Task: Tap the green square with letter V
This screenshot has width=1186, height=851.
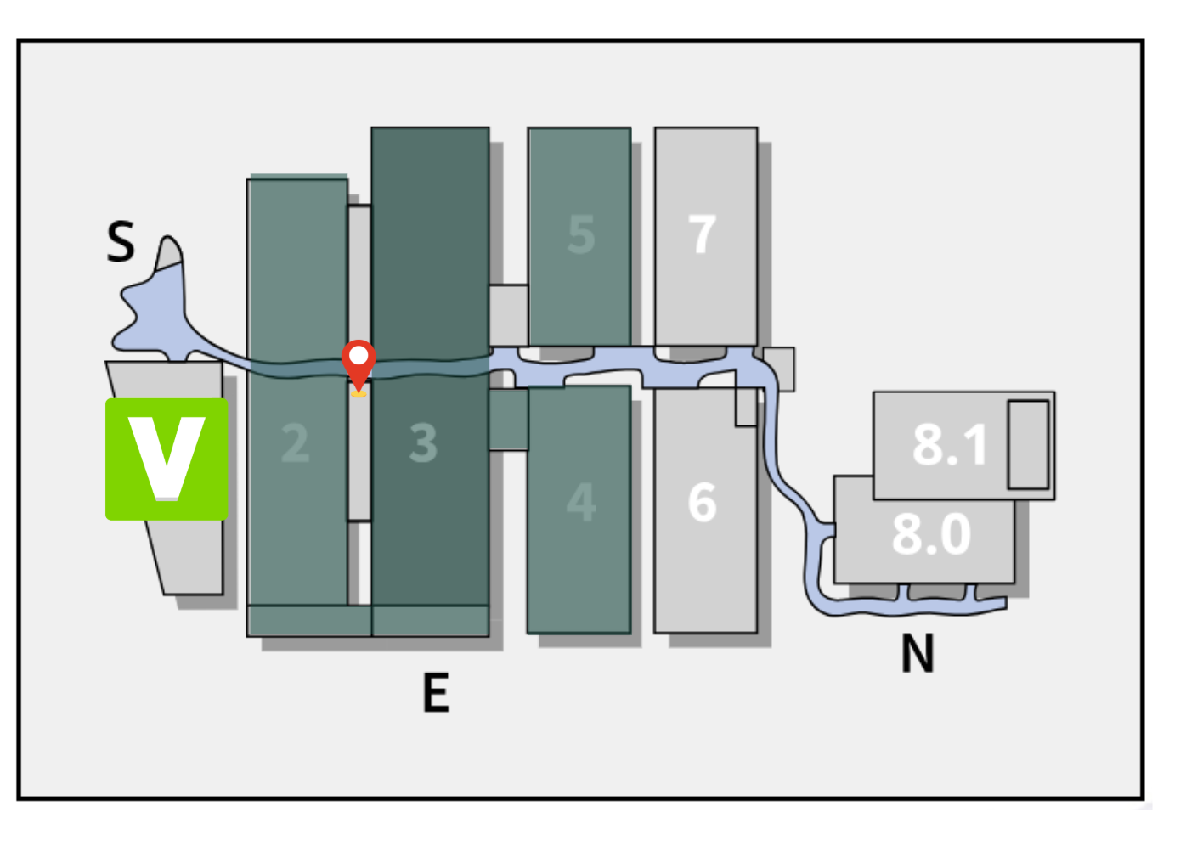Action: click(x=167, y=459)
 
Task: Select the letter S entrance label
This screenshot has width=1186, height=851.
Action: click(x=121, y=242)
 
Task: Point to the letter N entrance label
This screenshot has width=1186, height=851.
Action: click(x=918, y=654)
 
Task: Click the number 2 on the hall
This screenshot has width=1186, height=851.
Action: click(x=295, y=443)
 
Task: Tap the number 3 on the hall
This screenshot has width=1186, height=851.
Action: click(x=423, y=443)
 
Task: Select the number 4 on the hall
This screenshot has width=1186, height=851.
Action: click(x=581, y=502)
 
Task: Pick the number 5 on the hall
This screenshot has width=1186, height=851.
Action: click(x=581, y=234)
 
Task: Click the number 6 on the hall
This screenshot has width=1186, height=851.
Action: click(x=703, y=502)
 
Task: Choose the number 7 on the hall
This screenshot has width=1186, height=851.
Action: click(x=703, y=234)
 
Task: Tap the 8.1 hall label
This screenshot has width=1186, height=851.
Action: click(x=949, y=444)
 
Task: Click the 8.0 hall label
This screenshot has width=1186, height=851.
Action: click(x=931, y=534)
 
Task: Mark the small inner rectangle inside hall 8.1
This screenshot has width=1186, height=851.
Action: click(x=1028, y=444)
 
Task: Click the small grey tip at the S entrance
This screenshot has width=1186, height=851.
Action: click(x=171, y=252)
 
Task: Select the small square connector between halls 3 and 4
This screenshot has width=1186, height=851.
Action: click(x=508, y=419)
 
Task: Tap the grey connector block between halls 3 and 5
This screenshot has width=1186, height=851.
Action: click(x=508, y=314)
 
